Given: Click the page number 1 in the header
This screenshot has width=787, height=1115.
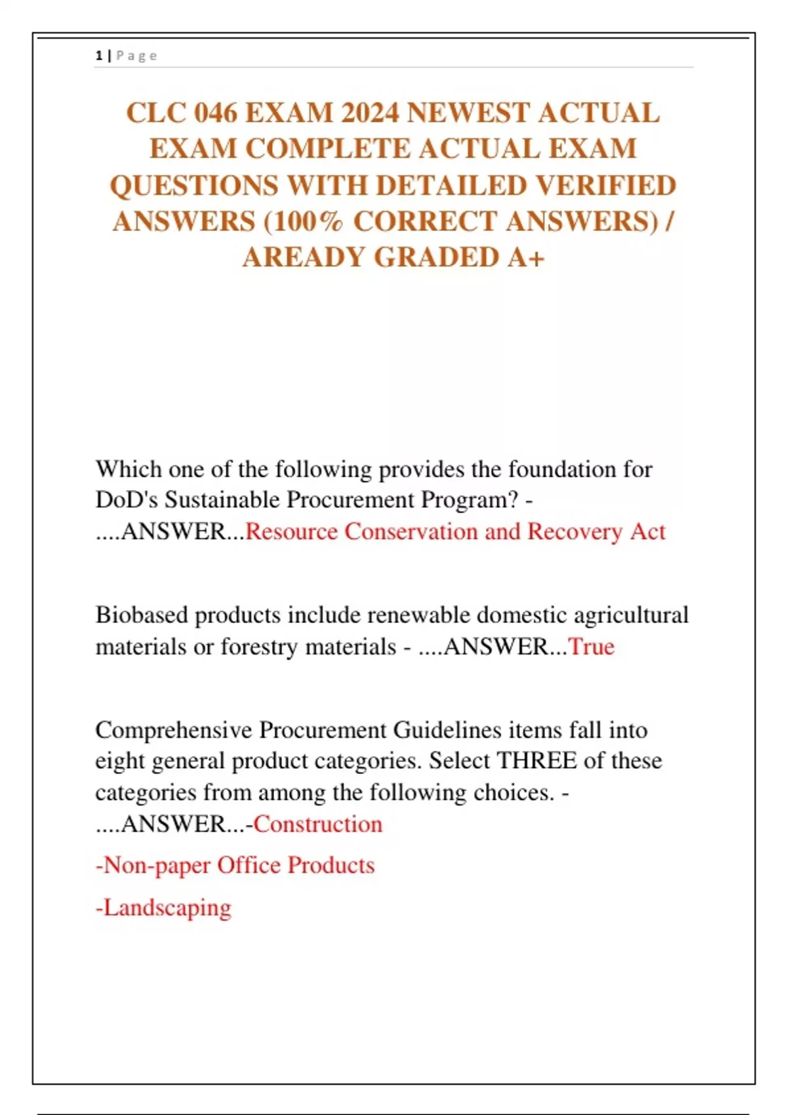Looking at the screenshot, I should click(98, 56).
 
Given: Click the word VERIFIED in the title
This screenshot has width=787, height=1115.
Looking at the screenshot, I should click(605, 186).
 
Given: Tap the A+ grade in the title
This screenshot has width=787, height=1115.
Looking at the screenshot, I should click(526, 258).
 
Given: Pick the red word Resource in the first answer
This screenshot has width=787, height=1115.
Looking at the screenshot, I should click(291, 531).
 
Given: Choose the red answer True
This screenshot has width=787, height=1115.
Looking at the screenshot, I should click(591, 647).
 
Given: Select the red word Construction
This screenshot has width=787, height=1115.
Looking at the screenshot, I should click(318, 824).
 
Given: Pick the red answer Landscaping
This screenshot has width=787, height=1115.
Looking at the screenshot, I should click(167, 908).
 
